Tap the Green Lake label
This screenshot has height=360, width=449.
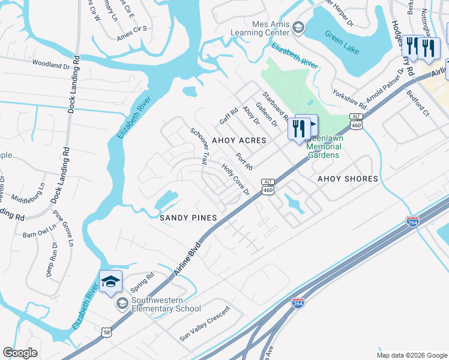[342, 43]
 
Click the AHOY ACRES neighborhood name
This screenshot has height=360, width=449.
[239, 140]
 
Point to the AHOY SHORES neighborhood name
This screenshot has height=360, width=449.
[348, 179]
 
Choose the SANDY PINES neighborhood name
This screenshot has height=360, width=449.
[187, 218]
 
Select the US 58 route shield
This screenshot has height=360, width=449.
[106, 331]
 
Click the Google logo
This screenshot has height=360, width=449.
[20, 353]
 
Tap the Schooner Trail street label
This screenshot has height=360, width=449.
[199, 146]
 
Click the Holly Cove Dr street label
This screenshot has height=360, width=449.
[235, 180]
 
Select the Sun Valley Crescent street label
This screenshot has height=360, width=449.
[205, 329]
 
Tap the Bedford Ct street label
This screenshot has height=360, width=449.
[418, 103]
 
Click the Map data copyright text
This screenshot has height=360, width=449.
[412, 355]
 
